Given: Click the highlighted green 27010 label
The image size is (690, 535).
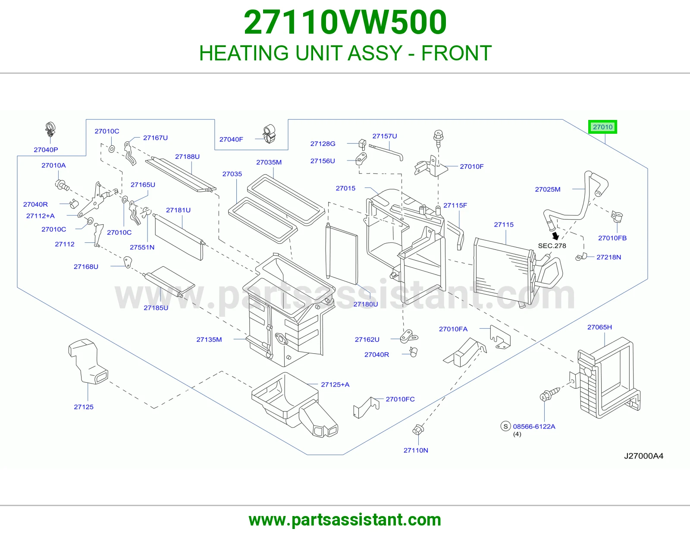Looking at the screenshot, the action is point(602,127).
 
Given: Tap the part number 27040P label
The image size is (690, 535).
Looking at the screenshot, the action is point(46,150).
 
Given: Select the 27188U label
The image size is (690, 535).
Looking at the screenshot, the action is point(187,157).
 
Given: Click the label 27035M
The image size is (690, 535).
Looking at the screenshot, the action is point(269,162).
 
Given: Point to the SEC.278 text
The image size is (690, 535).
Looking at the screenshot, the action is point(552,245).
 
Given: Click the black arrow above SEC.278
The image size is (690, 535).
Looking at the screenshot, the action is point(555,236).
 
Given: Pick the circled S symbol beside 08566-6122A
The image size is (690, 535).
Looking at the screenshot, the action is point(505,426).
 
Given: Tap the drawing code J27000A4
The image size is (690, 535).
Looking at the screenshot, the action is point(643,456).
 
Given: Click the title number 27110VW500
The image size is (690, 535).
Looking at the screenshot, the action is point(345,22).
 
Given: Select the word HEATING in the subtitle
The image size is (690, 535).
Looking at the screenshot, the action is point(244,53).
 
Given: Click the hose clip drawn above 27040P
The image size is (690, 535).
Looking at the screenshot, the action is point(50,131).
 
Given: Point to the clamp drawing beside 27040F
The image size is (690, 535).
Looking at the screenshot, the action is point(269,134).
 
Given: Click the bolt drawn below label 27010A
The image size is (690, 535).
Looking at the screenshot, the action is point(62,185).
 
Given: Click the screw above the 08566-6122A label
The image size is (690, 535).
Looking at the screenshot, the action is point(549,394).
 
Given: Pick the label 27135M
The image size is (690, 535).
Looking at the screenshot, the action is point(209,339).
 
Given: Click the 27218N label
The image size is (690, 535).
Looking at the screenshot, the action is point(609,257).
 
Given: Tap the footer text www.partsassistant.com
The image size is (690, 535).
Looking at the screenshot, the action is point(345,520).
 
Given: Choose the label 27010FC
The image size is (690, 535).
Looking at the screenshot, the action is point(400,399).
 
